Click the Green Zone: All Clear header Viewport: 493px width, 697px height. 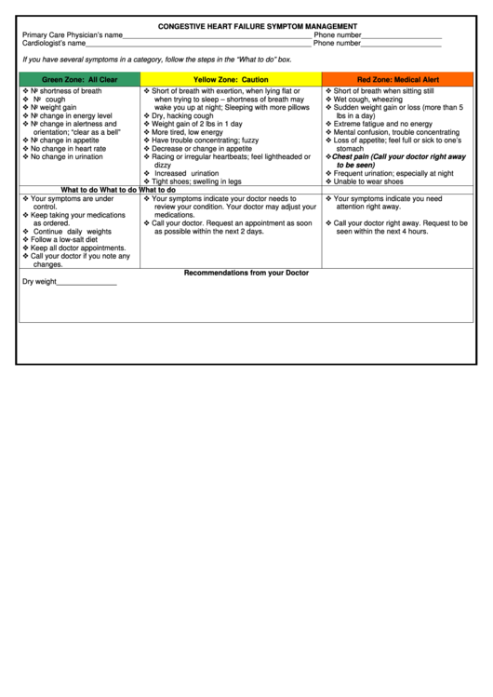80,80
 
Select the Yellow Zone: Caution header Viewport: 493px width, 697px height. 231,80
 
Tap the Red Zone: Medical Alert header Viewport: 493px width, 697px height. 398,80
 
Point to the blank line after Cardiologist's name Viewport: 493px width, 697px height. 198,45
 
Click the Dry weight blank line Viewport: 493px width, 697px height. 87,283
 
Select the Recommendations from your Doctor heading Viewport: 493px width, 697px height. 246,273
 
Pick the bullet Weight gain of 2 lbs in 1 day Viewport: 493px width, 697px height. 197,124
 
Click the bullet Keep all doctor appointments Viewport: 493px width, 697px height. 78,248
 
